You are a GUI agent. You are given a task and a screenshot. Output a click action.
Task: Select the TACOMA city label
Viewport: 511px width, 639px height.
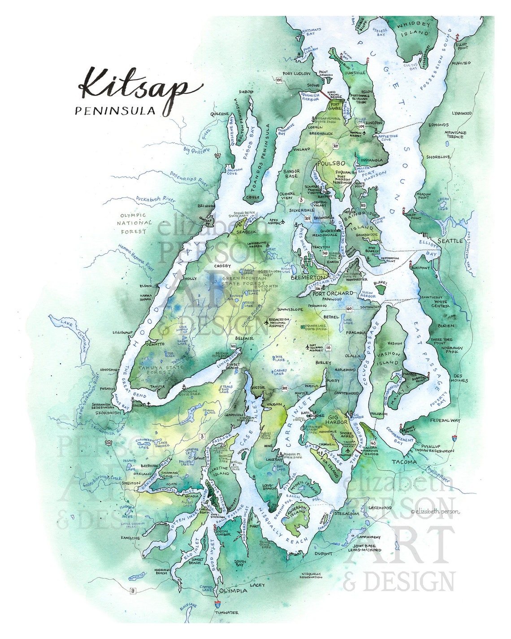pyautogui.click(x=405, y=462)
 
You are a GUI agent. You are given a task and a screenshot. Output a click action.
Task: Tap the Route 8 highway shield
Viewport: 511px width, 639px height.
pyautogui.click(x=133, y=591)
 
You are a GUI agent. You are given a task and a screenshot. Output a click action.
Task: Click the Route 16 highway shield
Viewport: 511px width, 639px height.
pyautogui.click(x=328, y=348)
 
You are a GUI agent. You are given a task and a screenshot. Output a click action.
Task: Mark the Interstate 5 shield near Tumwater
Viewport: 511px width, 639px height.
pyautogui.click(x=218, y=604)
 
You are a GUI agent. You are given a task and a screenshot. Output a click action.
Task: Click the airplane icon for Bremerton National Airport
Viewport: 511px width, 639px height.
pyautogui.click(x=267, y=322)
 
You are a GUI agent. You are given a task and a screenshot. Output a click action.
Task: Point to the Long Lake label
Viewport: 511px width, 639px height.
pyautogui.click(x=347, y=321)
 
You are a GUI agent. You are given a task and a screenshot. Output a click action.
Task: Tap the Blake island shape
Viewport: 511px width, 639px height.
pyautogui.click(x=381, y=289)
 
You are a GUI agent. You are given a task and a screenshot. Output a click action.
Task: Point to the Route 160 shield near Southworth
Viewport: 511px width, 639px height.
pyautogui.click(x=349, y=309)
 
